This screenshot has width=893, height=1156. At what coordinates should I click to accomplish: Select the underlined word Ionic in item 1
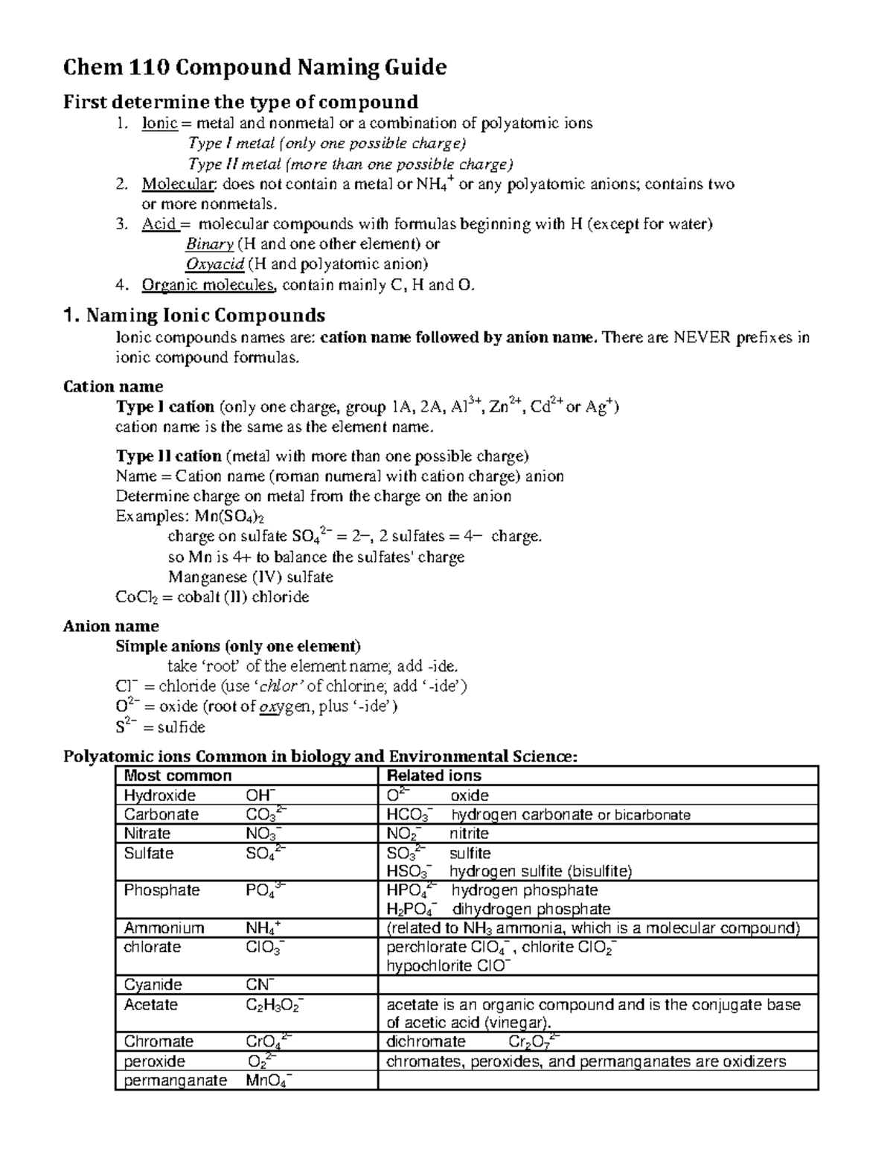pyautogui.click(x=159, y=124)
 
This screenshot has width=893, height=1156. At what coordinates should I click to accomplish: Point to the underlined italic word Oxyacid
pyautogui.click(x=214, y=264)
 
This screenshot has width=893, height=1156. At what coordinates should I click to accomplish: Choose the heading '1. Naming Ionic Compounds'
pyautogui.click(x=194, y=315)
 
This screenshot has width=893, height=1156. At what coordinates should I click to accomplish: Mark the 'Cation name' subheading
pyautogui.click(x=113, y=386)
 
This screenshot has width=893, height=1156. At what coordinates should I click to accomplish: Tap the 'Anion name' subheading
pyautogui.click(x=111, y=626)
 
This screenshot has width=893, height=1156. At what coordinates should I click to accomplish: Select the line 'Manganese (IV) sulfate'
pyautogui.click(x=250, y=577)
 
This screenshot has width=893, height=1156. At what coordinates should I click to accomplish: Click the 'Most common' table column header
pyautogui.click(x=178, y=776)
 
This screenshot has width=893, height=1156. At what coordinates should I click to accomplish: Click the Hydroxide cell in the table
pyautogui.click(x=160, y=795)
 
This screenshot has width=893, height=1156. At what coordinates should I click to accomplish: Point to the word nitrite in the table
pyautogui.click(x=469, y=833)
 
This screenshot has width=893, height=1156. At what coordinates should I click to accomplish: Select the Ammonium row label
pyautogui.click(x=164, y=927)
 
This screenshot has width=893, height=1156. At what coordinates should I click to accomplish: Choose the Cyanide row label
pyautogui.click(x=153, y=984)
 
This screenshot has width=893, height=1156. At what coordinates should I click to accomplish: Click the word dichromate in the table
pyautogui.click(x=426, y=1041)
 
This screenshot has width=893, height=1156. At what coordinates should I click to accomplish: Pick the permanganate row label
pyautogui.click(x=175, y=1080)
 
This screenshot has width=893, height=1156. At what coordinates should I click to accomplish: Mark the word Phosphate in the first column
pyautogui.click(x=161, y=890)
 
